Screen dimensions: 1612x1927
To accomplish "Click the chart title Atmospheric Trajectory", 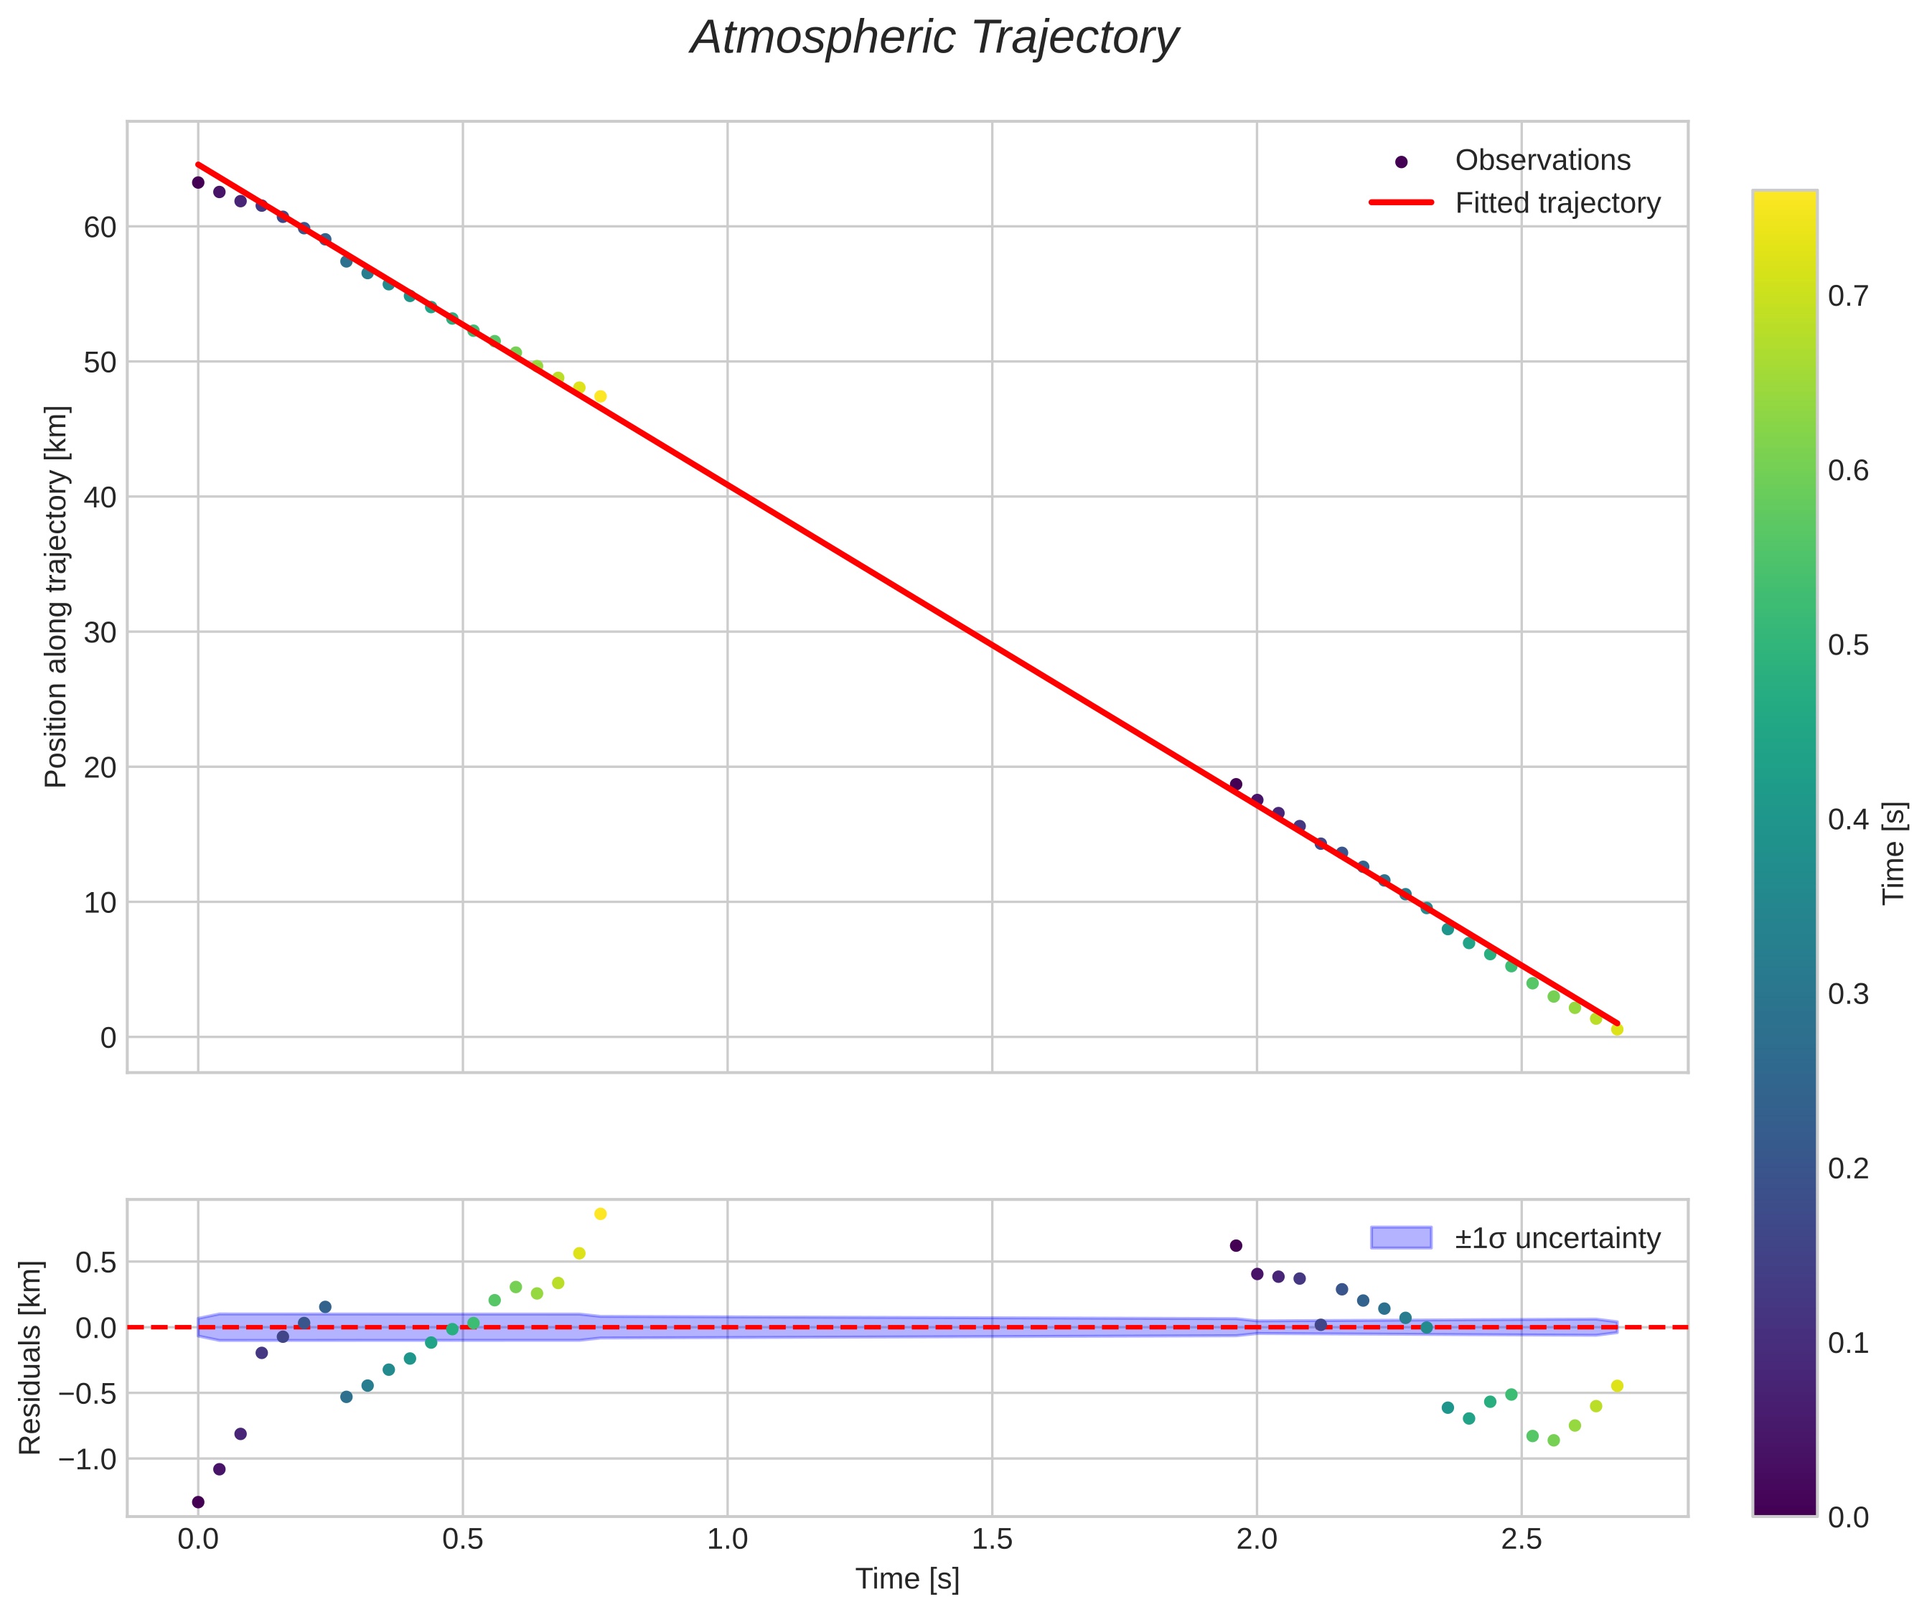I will coord(934,39).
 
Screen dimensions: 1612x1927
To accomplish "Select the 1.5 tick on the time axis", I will coord(992,1540).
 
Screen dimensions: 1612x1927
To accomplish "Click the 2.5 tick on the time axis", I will coord(1522,1540).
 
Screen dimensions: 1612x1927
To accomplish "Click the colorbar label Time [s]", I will coord(1894,853).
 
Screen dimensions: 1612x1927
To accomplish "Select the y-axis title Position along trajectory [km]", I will coord(57,596).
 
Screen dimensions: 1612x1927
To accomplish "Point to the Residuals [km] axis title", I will coord(31,1358).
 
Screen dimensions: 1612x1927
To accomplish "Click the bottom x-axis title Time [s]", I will coord(906,1579).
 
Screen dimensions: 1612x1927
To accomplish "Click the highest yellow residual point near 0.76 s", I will coord(600,1214).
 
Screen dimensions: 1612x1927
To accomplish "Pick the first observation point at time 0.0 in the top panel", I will coord(198,182).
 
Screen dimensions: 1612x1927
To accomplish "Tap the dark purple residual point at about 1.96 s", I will coord(1236,1246).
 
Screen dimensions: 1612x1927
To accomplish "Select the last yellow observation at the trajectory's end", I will coord(1617,1029).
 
